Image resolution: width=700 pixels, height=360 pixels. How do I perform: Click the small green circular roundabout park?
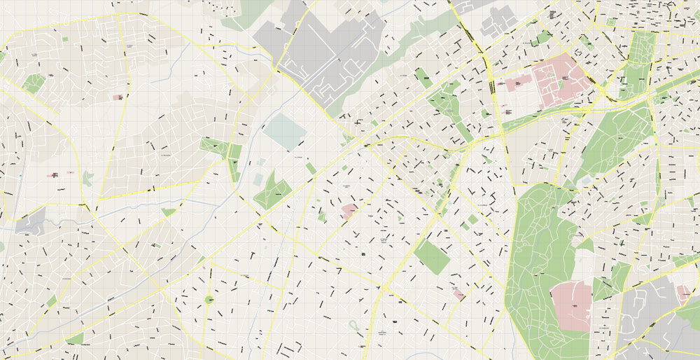point(209,300)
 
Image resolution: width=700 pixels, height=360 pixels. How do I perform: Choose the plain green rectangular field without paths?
point(432,257)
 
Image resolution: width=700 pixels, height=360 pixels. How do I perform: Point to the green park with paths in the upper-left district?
point(33,84)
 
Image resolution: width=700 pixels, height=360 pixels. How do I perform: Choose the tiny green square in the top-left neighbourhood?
point(65,39)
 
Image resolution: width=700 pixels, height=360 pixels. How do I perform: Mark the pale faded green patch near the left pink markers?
point(87,179)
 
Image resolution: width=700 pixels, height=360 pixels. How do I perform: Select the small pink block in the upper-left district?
point(118,97)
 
